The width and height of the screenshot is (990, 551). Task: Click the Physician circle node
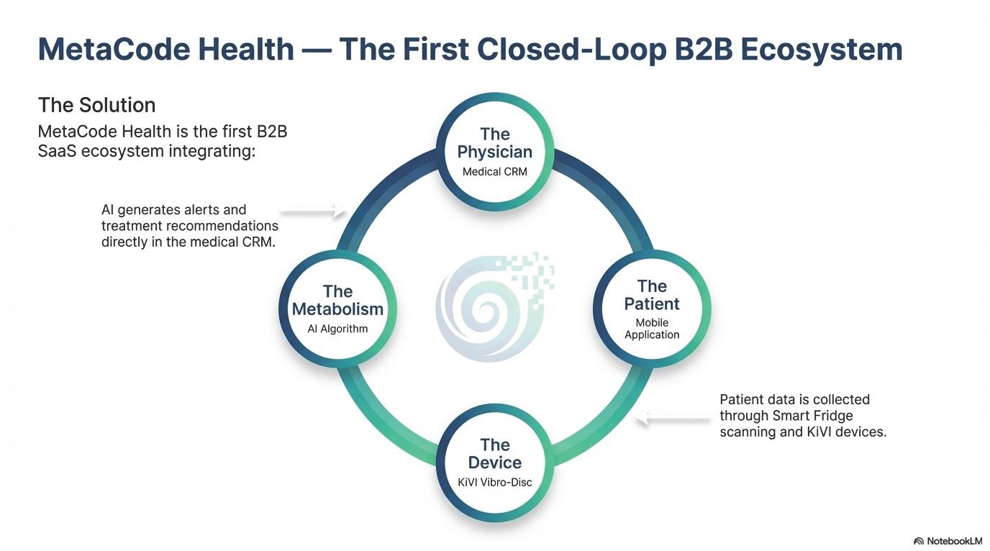[494, 152]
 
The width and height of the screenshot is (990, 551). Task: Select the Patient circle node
[652, 309]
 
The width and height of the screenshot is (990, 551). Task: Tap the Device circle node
[494, 463]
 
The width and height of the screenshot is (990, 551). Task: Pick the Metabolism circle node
[337, 309]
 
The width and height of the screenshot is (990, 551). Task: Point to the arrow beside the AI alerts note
[314, 211]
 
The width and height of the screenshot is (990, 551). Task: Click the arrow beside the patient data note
[673, 417]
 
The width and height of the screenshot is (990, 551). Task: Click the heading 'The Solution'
[97, 105]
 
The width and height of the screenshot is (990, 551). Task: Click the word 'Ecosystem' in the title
[822, 50]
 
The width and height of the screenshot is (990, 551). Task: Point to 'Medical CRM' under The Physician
[494, 171]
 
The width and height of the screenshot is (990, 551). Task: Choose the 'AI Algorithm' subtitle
[337, 329]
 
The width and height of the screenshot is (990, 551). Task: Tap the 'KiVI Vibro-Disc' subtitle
[494, 482]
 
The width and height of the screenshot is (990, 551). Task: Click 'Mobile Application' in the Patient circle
[652, 329]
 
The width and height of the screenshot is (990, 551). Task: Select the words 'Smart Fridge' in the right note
[813, 416]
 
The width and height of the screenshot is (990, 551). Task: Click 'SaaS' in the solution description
[57, 151]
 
